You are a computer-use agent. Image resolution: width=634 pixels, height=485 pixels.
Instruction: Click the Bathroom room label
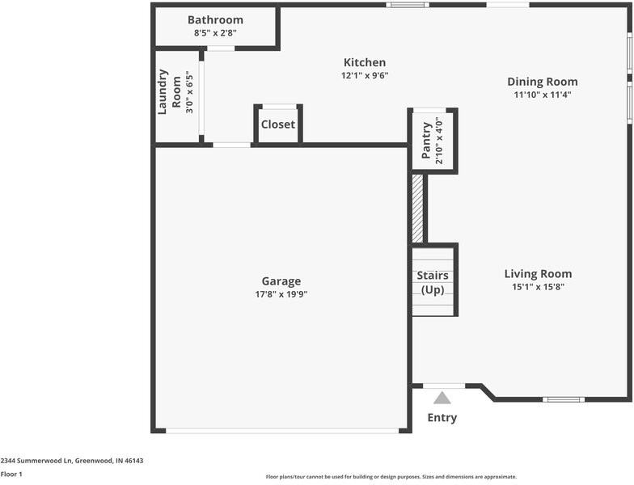[x=215, y=20]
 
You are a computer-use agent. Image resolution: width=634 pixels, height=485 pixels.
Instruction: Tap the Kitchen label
[x=365, y=63]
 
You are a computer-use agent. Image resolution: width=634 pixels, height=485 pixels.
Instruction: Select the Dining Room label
[x=543, y=82]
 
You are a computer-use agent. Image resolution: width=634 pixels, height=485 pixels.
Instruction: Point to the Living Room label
[x=538, y=274]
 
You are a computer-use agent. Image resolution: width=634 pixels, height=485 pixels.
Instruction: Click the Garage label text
[x=281, y=281]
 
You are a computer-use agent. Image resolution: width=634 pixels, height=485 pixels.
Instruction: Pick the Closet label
[x=277, y=124]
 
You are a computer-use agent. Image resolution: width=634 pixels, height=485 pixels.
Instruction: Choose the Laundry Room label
[x=169, y=91]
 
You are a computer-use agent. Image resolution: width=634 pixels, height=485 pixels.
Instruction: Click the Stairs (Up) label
[x=433, y=282]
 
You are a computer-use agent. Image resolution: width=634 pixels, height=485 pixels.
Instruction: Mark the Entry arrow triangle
[x=442, y=398]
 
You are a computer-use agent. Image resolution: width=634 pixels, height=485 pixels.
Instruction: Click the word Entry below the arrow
[x=442, y=418]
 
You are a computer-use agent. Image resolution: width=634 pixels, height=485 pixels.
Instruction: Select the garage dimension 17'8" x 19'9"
[x=281, y=294]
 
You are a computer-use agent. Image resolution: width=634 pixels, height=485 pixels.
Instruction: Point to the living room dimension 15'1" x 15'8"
[x=538, y=287]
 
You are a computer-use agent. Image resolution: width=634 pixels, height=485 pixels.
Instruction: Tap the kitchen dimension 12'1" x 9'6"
[x=365, y=76]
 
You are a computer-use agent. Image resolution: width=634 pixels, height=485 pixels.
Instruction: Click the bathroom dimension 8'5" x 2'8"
[x=215, y=33]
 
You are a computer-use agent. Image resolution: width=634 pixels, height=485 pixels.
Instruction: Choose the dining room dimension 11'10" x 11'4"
[x=543, y=95]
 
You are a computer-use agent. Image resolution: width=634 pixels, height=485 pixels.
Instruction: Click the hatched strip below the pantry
[x=417, y=209]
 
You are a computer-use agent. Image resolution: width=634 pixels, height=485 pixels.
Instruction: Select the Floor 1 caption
[x=11, y=474]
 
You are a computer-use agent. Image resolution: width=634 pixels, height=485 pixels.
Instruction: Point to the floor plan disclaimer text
[x=391, y=477]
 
